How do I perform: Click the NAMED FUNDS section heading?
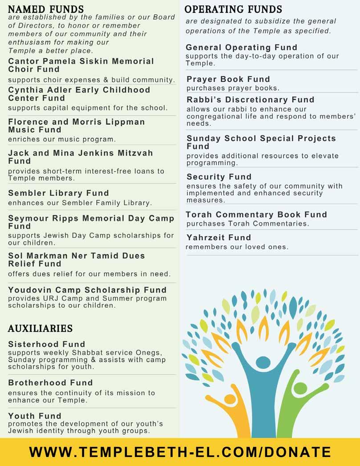pyautogui.click(x=46, y=9)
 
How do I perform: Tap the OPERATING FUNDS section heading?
pyautogui.click(x=233, y=9)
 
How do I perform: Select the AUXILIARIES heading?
pyautogui.click(x=40, y=329)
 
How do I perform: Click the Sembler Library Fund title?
pyautogui.click(x=58, y=193)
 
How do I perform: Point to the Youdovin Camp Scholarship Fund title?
pyautogui.click(x=87, y=290)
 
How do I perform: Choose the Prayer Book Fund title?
pyautogui.click(x=228, y=79)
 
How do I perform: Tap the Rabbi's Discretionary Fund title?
pyautogui.click(x=251, y=100)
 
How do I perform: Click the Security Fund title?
pyautogui.click(x=219, y=177)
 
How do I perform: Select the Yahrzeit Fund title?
pyautogui.click(x=219, y=237)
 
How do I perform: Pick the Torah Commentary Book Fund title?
pyautogui.click(x=257, y=215)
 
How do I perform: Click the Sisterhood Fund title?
pyautogui.click(x=46, y=344)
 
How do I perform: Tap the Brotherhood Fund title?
pyautogui.click(x=50, y=382)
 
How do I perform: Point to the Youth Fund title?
pyautogui.click(x=35, y=416)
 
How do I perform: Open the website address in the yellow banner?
pyautogui.click(x=180, y=452)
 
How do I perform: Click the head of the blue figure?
pyautogui.click(x=263, y=362)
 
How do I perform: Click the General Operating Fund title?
pyautogui.click(x=242, y=48)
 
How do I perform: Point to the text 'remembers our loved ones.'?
pyautogui.click(x=237, y=247)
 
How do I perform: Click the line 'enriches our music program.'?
pyautogui.click(x=62, y=139)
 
